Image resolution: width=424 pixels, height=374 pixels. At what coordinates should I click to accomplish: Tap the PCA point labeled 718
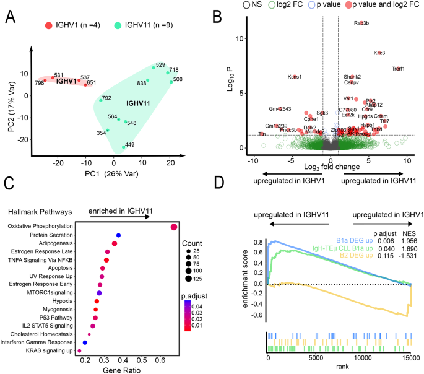168,72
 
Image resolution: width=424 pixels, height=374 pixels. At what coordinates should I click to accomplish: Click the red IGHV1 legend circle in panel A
48,27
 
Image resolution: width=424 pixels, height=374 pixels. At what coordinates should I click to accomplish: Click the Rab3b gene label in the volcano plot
361,23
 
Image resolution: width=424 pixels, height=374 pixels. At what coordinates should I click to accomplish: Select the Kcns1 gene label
295,77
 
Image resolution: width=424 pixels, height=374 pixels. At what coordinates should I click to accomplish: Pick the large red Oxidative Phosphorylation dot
174,227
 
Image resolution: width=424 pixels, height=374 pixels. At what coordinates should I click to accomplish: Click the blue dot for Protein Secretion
118,235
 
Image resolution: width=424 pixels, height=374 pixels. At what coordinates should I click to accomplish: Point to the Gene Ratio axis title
126,369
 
